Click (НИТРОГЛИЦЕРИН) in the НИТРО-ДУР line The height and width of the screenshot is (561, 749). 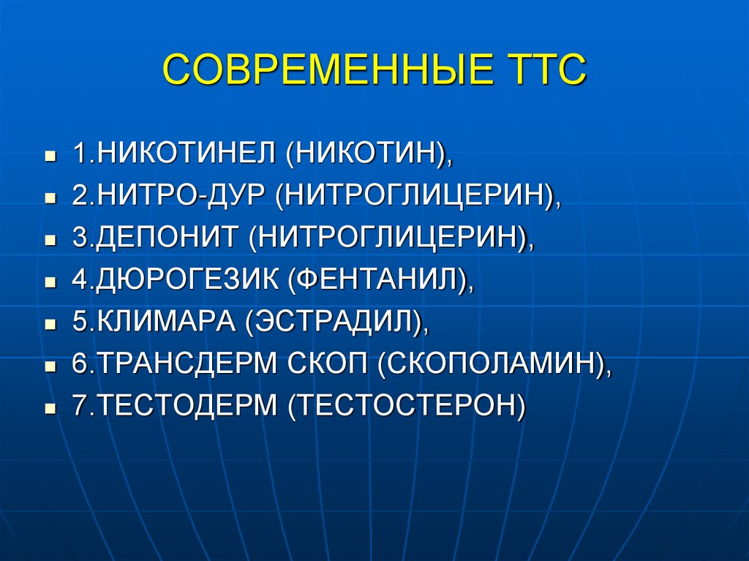coord(416,195)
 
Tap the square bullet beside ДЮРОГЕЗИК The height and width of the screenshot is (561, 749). coord(50,282)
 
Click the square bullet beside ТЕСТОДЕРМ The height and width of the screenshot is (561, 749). coord(50,408)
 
